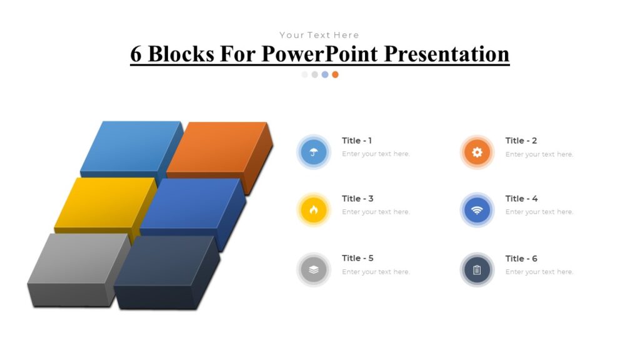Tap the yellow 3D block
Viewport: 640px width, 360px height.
pos(104,202)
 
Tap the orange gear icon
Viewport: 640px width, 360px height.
pos(477,152)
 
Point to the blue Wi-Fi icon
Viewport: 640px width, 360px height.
pos(477,210)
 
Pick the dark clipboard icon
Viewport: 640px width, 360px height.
pos(477,270)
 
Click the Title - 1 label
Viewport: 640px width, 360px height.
pos(357,141)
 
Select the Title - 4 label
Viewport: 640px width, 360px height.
pos(521,199)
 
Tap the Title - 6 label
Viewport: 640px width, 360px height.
pos(521,259)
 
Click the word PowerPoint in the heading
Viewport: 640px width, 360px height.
pos(319,54)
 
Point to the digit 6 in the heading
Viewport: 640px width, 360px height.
pos(136,54)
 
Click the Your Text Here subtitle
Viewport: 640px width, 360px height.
pos(319,35)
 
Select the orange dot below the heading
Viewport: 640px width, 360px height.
pos(335,74)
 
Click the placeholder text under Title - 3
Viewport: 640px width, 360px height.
pos(376,212)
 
